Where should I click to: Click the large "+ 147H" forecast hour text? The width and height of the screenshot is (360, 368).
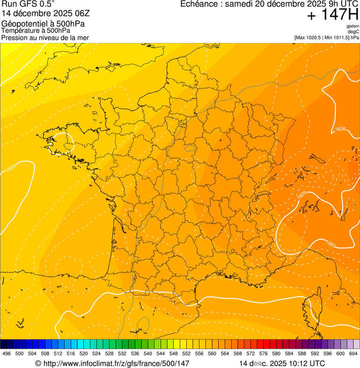point(332,15)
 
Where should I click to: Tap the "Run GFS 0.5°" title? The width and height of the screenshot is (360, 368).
point(28,4)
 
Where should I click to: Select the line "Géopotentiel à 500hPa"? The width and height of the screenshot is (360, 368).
point(43,23)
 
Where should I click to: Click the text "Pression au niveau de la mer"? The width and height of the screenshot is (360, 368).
point(45,37)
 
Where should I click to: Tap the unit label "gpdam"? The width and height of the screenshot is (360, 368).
point(353,26)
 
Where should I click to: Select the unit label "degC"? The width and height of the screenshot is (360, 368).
point(353,31)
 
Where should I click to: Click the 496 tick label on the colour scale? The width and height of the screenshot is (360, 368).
point(7,353)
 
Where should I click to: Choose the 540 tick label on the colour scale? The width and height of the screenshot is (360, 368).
point(148,353)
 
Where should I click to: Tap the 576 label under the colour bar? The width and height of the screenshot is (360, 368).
point(264,353)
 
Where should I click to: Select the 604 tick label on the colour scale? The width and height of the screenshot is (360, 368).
point(353,353)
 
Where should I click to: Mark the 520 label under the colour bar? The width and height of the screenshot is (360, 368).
point(84,353)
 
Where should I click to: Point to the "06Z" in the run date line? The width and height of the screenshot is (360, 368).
point(91,14)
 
